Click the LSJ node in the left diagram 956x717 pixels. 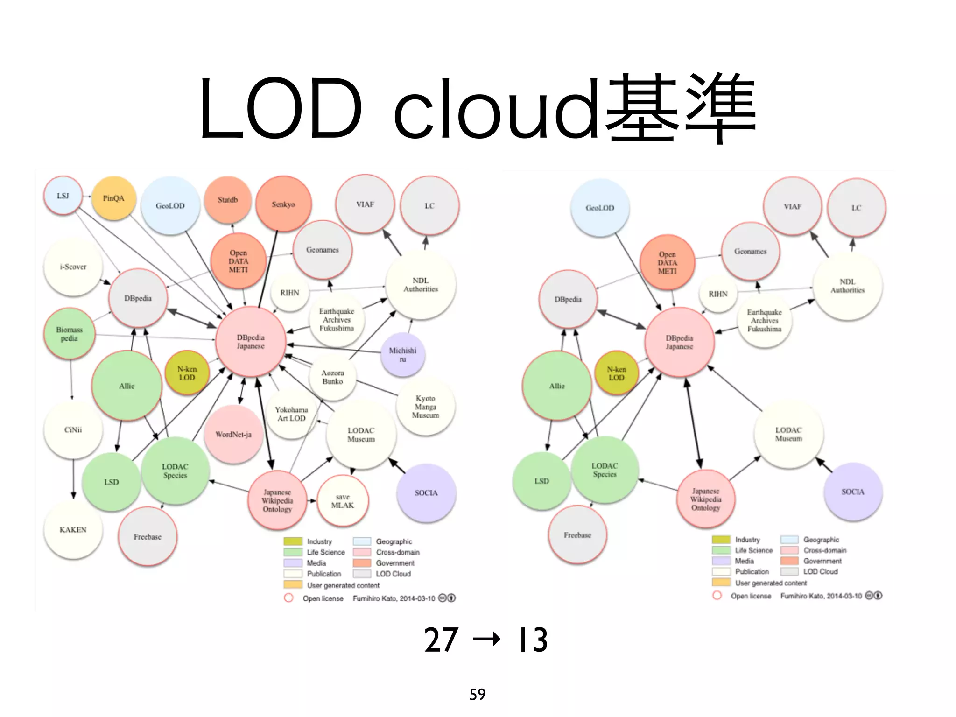(x=63, y=196)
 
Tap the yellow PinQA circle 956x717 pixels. (x=113, y=198)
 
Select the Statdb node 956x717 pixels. (x=228, y=200)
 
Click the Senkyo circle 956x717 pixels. (x=283, y=204)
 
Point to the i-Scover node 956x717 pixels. (x=73, y=267)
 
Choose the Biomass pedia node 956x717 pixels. (x=69, y=334)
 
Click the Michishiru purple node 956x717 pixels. (x=402, y=354)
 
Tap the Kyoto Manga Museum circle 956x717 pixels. (x=425, y=407)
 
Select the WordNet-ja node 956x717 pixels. (x=233, y=435)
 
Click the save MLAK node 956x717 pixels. (x=343, y=501)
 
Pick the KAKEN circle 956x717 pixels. (x=73, y=530)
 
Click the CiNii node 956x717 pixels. (x=73, y=430)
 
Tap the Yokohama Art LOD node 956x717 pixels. (x=291, y=414)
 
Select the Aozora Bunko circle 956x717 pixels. (x=332, y=377)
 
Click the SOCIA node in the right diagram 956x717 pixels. (x=853, y=492)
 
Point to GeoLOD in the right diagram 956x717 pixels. (x=600, y=208)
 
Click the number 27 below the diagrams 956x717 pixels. (x=441, y=640)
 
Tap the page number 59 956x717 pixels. (x=478, y=695)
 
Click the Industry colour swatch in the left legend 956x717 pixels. (x=293, y=541)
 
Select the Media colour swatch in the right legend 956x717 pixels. (x=721, y=561)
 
